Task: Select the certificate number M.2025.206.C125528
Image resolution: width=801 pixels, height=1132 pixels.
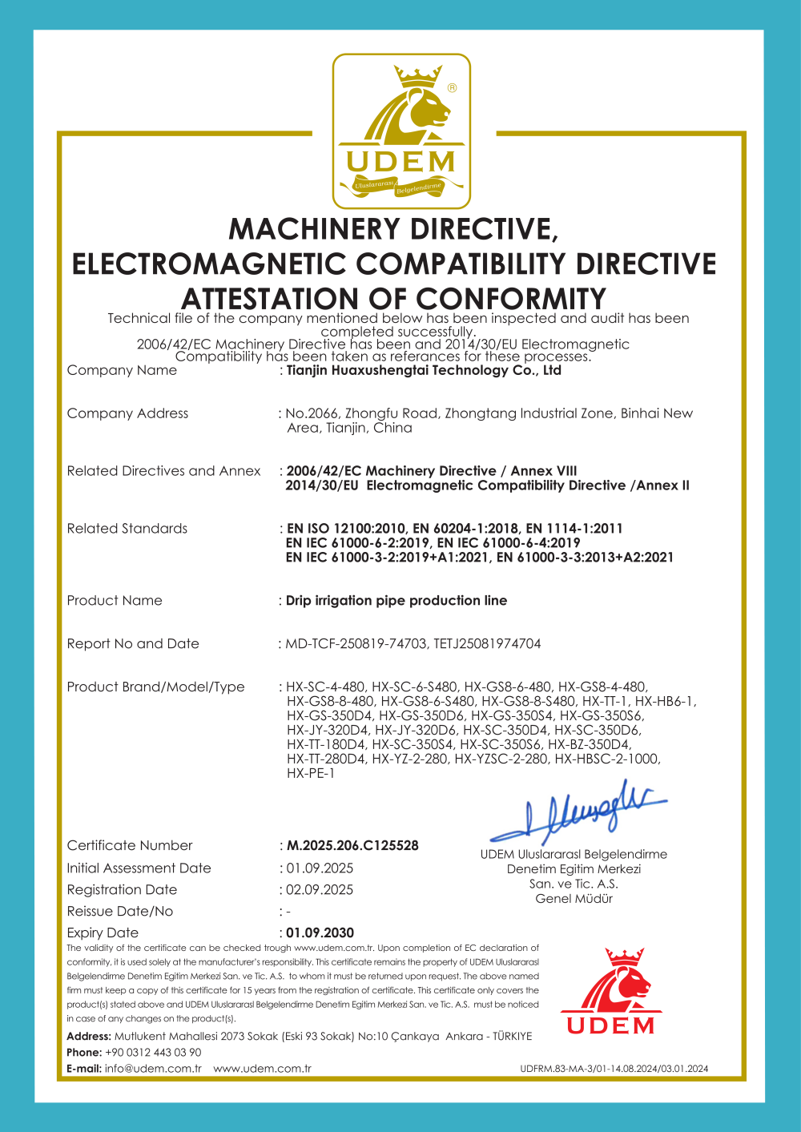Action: tap(352, 845)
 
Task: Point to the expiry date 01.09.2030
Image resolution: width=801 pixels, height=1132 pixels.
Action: tap(320, 933)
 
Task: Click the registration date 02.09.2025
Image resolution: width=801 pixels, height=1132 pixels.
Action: tap(320, 889)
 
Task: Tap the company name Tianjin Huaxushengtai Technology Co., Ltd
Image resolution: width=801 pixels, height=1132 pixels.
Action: tap(424, 370)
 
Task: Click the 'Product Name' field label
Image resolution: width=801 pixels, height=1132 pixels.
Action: tap(115, 600)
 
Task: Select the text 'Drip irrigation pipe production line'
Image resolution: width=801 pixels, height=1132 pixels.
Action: tap(396, 600)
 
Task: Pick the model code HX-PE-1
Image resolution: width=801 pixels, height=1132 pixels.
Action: tap(311, 773)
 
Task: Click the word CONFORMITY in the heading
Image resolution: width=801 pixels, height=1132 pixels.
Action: tap(510, 299)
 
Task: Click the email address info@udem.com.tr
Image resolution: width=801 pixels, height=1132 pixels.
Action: tap(153, 1068)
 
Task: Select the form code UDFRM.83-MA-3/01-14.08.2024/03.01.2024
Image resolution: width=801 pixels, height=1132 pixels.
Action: tap(614, 1068)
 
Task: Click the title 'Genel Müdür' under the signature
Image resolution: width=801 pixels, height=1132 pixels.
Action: tap(574, 898)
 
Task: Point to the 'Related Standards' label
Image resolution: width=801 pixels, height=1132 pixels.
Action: tap(127, 528)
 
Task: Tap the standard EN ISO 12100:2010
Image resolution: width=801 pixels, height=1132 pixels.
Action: tap(345, 528)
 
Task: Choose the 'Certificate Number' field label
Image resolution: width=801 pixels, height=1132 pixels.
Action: tap(130, 845)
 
